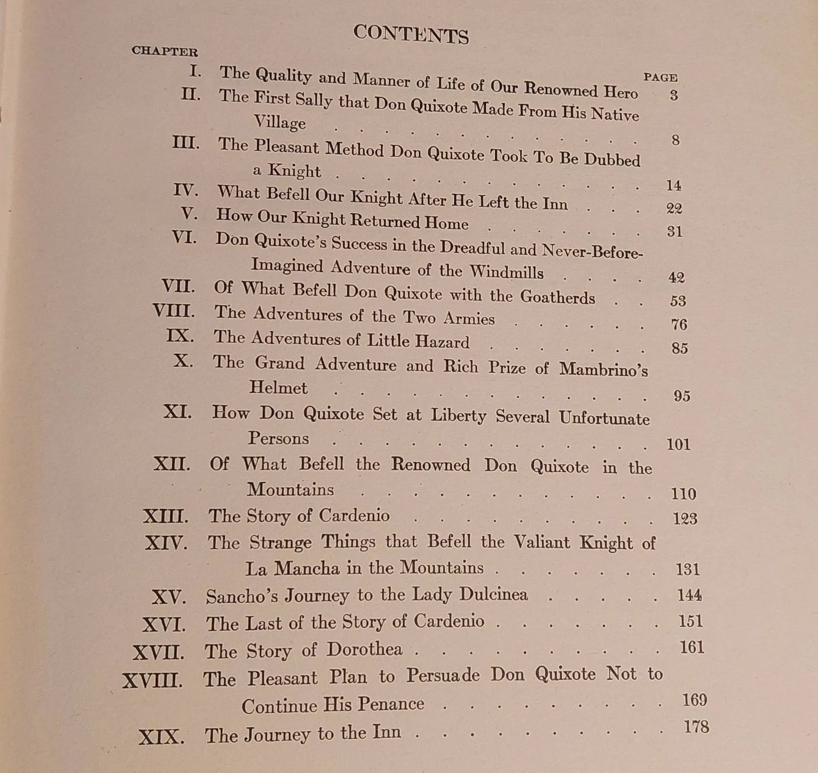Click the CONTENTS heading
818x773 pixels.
411,34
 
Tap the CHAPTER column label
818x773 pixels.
164,51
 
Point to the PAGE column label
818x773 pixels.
660,77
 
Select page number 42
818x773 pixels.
675,277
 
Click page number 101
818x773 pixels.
678,444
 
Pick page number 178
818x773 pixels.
696,727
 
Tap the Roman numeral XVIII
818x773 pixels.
152,681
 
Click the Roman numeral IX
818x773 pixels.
180,336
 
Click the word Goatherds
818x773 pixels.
557,297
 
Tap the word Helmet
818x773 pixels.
278,388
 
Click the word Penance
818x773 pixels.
391,704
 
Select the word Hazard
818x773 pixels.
442,342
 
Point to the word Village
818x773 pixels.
280,122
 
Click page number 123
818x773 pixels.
685,518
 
